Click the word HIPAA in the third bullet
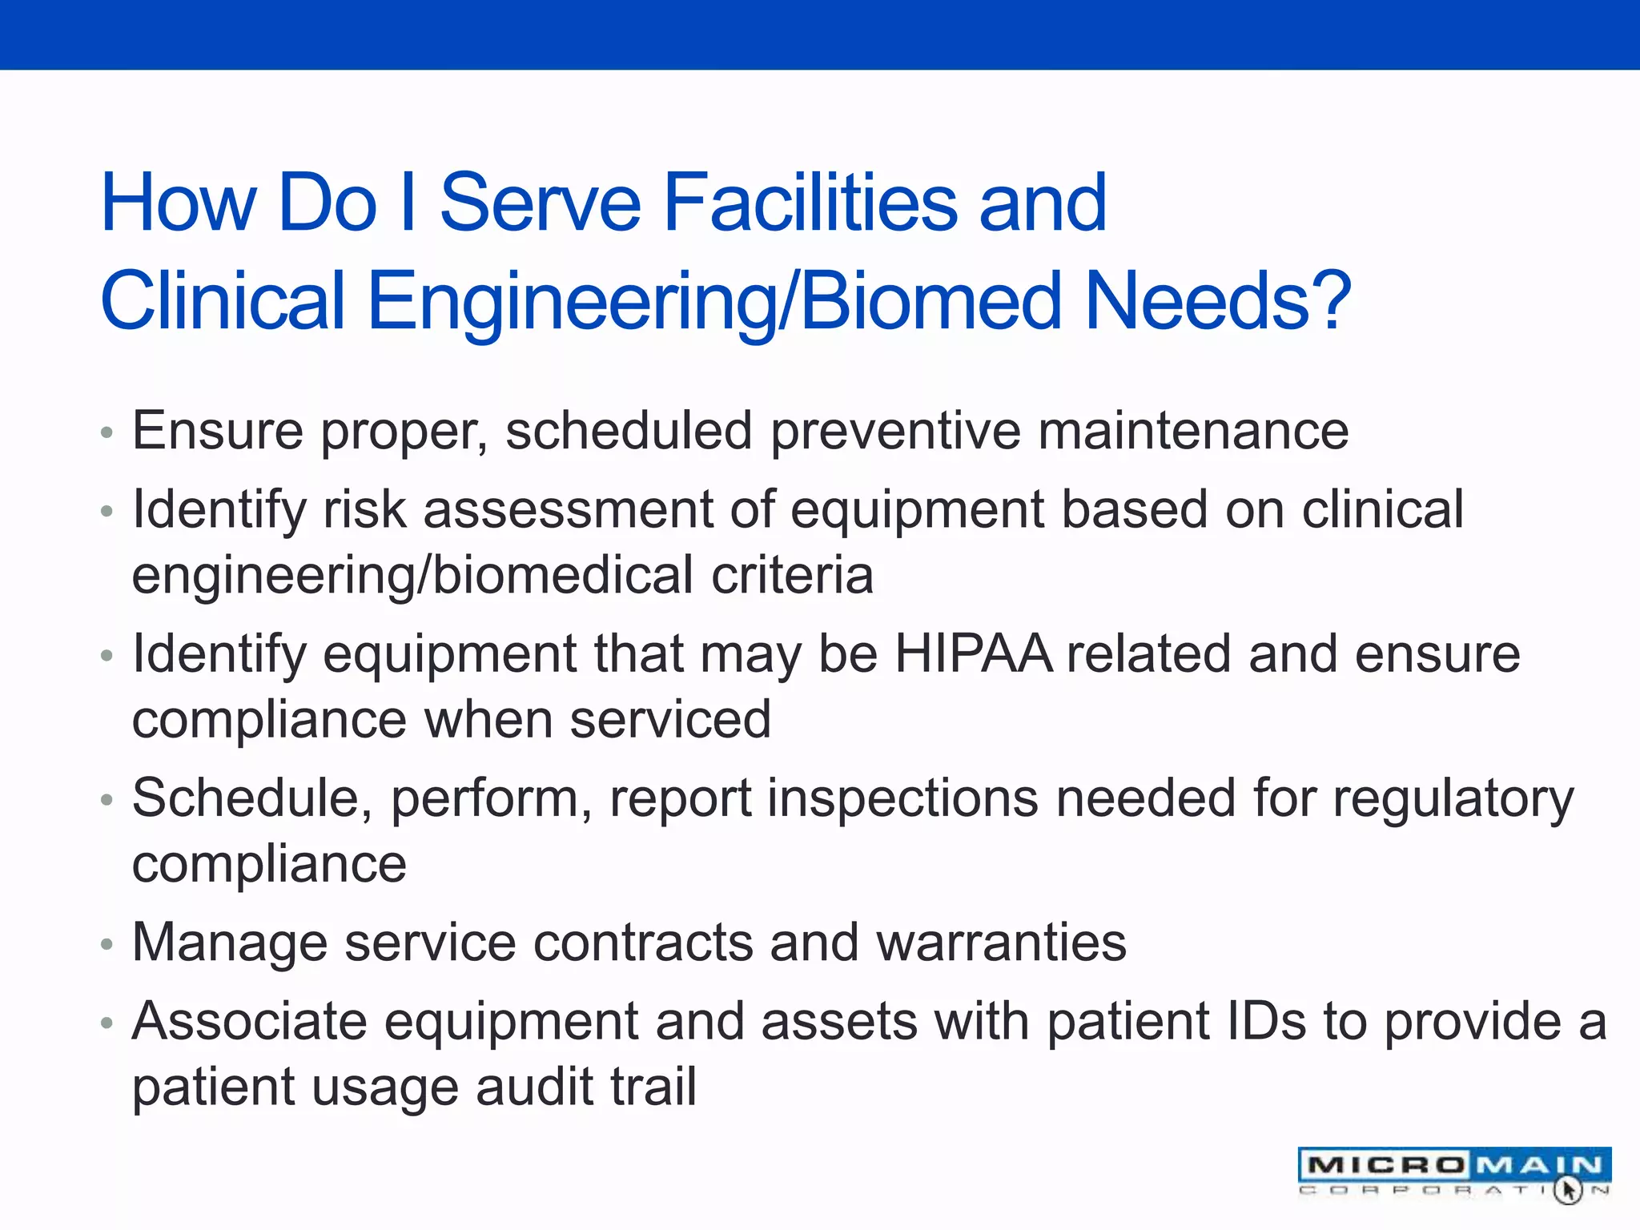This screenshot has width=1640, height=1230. [972, 654]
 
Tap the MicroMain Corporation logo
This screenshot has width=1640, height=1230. [1453, 1172]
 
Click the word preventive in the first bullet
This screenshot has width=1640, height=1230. [895, 432]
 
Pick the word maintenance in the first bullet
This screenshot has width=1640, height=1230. [1193, 432]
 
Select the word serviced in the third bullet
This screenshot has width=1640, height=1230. [670, 719]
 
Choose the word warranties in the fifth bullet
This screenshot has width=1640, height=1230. [1001, 943]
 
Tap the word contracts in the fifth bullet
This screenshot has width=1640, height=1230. [643, 943]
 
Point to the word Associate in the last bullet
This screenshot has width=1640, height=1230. [249, 1022]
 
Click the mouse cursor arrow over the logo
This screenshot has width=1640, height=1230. [1568, 1189]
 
